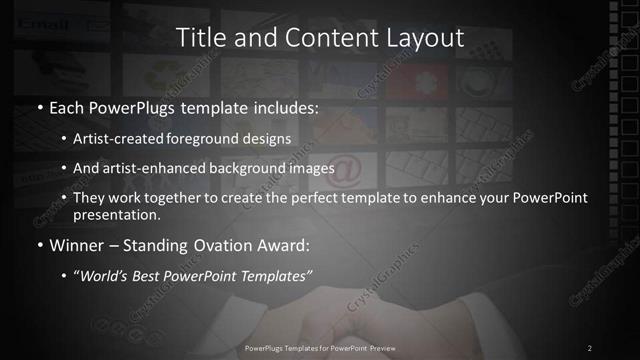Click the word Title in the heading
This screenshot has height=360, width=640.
[x=200, y=38]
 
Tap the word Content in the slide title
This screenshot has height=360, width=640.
[x=315, y=38]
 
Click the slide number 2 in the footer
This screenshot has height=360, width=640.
[x=590, y=347]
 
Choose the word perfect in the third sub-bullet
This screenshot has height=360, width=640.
[x=299, y=198]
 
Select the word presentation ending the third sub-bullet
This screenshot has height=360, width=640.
[x=113, y=214]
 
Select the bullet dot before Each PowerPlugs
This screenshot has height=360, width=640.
[x=39, y=107]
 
